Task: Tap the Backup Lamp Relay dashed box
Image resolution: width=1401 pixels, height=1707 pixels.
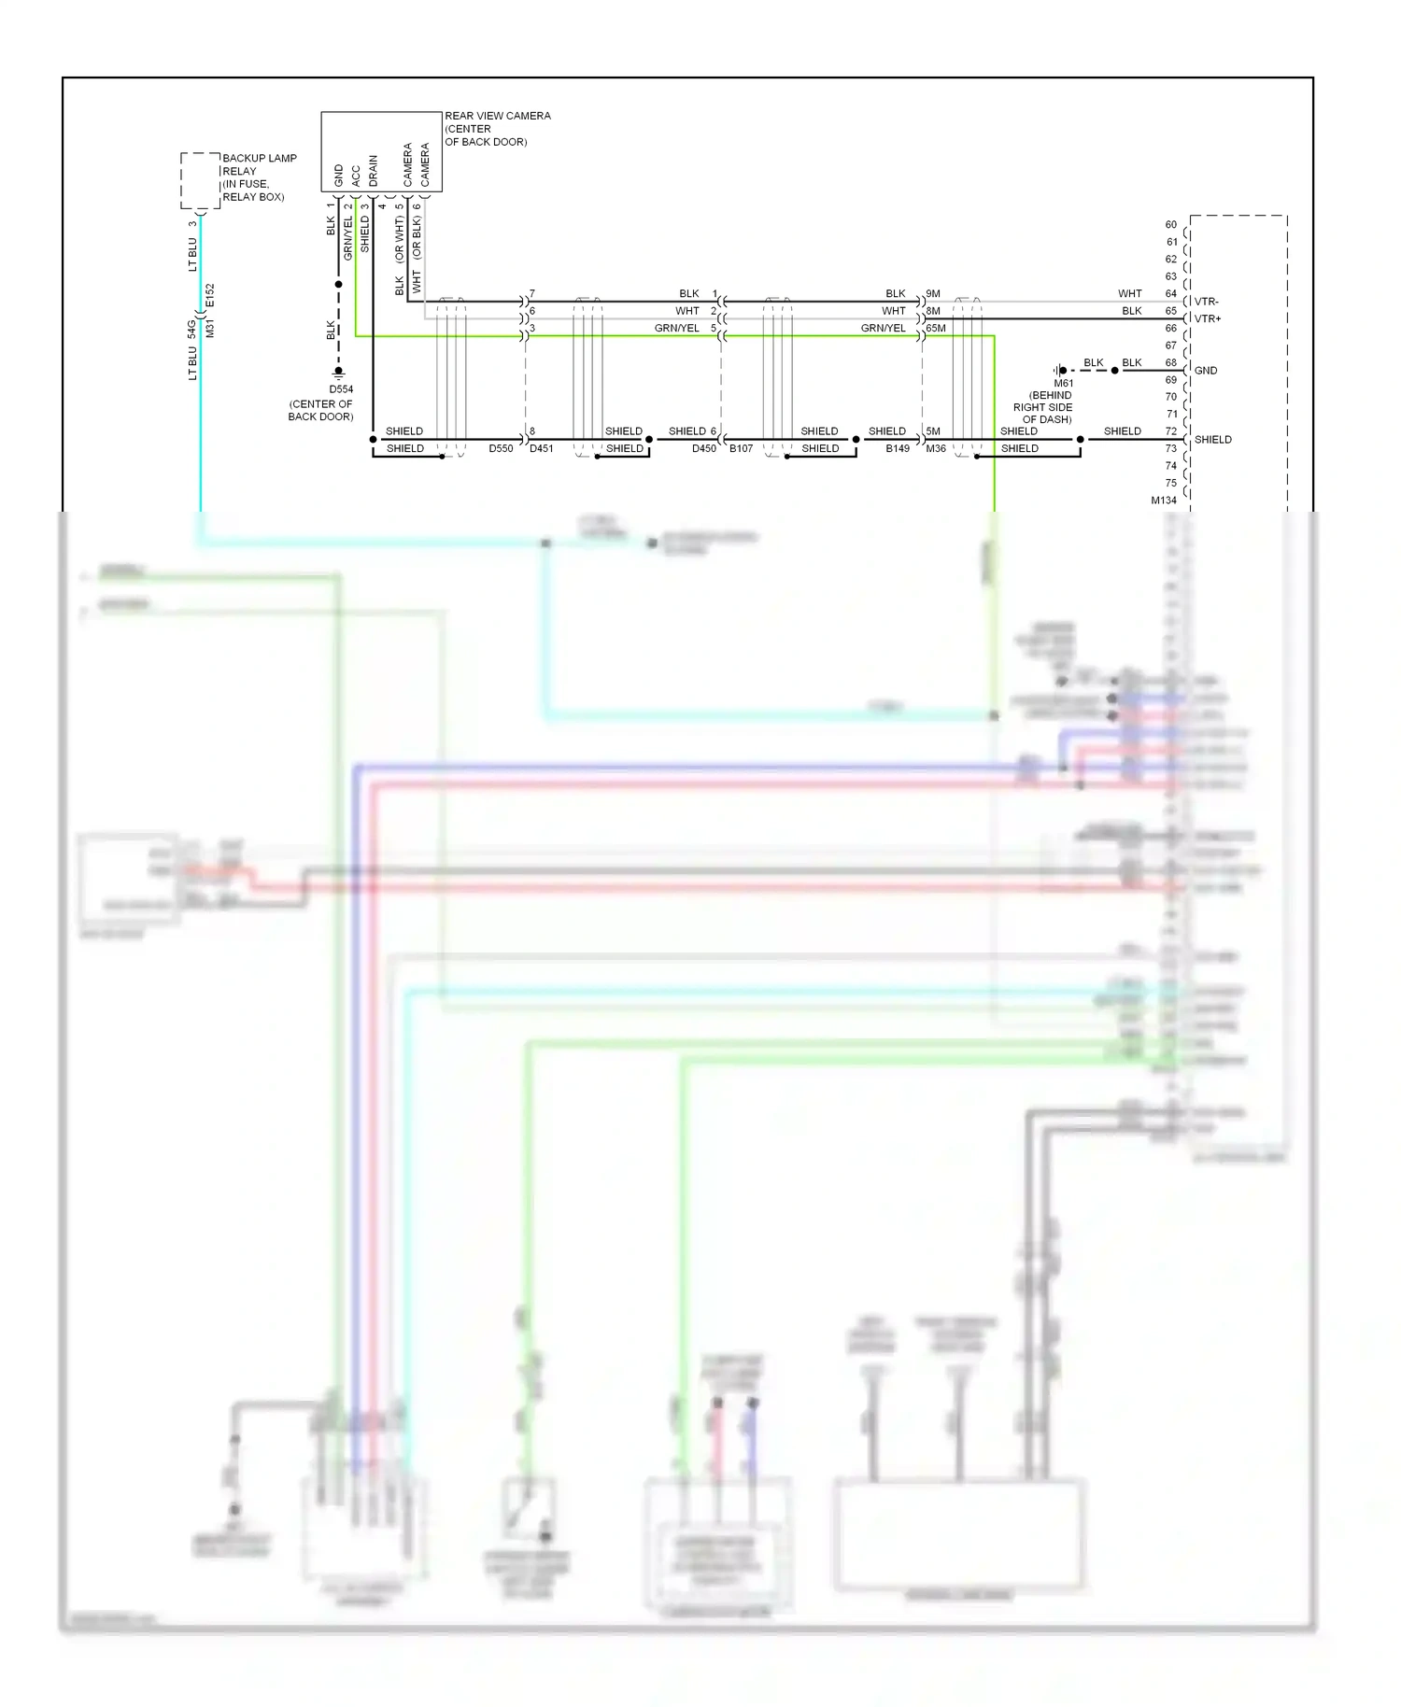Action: pos(200,180)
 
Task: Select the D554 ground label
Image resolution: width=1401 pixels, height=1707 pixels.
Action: pos(341,389)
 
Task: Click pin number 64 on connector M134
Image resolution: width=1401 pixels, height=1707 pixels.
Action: pos(1170,294)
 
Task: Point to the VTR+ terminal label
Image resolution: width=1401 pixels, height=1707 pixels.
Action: pos(1208,318)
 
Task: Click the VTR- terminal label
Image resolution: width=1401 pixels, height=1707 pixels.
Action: pos(1206,302)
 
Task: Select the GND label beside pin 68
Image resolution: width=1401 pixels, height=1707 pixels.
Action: pos(1206,371)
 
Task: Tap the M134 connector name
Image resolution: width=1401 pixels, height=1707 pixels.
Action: pos(1164,501)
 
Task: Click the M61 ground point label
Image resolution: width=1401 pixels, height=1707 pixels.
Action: pos(1064,383)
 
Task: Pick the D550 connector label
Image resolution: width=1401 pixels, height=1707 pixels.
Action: pos(501,449)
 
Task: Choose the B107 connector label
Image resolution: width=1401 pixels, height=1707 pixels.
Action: pos(741,449)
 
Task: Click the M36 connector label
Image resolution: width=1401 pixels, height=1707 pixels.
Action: pos(936,449)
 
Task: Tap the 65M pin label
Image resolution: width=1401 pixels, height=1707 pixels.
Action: pos(936,329)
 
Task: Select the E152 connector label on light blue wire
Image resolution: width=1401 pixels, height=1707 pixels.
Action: pos(210,295)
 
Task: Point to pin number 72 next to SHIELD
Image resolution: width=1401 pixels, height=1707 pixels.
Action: pos(1170,431)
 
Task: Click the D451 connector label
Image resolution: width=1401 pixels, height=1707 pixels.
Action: pos(542,449)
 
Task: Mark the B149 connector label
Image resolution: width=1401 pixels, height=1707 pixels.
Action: pos(898,449)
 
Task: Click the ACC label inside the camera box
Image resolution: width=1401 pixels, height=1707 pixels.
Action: pos(356,176)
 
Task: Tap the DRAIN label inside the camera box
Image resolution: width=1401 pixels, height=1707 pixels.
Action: pos(374,171)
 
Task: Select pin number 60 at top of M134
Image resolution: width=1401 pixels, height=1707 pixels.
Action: pos(1170,225)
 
